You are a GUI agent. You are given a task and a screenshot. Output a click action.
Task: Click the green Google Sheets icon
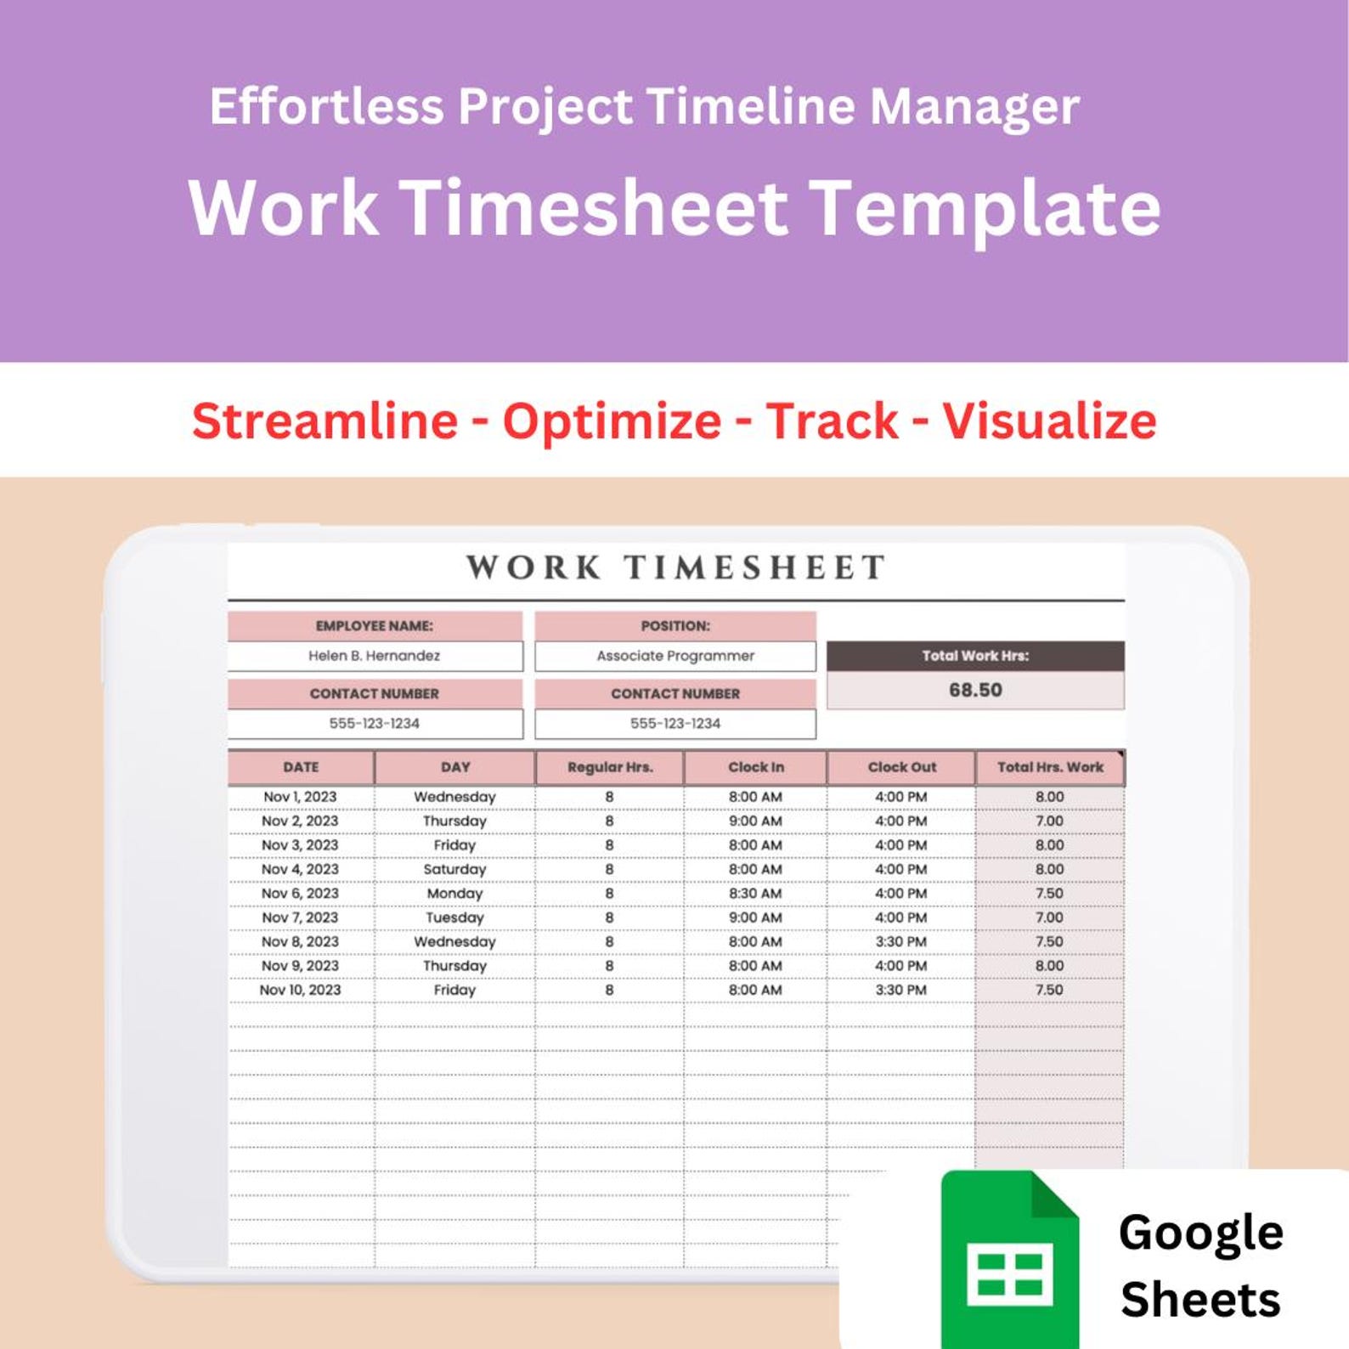click(1010, 1262)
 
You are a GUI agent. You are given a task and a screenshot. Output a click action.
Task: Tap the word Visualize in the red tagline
click(1049, 421)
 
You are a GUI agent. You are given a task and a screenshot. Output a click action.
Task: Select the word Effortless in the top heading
click(327, 106)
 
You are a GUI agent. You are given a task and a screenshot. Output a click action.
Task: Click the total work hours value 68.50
click(975, 690)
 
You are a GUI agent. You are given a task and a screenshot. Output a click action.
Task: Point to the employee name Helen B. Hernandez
click(374, 656)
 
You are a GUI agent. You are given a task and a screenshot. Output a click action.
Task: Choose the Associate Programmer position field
click(675, 656)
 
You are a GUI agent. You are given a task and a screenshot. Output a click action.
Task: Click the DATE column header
click(301, 767)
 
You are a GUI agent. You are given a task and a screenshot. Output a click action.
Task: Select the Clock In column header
click(755, 767)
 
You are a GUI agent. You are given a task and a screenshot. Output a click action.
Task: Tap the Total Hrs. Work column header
click(1050, 767)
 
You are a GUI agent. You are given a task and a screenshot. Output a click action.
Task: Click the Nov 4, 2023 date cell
click(300, 869)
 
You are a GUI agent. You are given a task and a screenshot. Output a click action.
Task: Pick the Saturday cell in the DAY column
click(454, 869)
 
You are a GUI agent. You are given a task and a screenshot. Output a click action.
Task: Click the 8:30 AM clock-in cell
click(755, 894)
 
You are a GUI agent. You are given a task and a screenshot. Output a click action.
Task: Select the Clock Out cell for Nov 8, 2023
click(900, 941)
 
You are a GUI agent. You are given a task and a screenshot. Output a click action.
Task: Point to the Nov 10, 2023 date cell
click(300, 990)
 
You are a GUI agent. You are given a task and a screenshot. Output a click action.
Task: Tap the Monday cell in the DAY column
click(454, 894)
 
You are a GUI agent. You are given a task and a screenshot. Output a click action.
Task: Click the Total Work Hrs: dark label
click(975, 656)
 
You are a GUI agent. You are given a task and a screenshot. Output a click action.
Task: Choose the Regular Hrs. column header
click(610, 767)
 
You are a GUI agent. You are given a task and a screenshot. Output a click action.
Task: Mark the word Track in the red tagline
click(832, 421)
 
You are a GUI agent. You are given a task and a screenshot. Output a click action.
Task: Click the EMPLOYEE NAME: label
click(374, 626)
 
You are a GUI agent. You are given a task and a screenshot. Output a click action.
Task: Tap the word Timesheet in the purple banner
click(594, 208)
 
